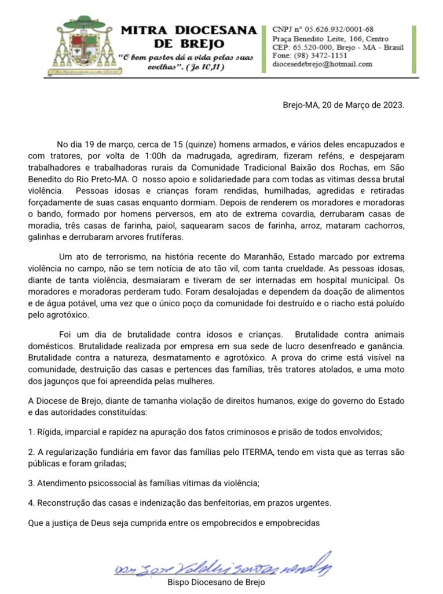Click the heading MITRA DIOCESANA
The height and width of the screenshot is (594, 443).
point(189,30)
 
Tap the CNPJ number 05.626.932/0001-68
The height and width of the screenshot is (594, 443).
point(338,29)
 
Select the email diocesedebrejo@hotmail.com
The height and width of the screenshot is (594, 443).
point(322,64)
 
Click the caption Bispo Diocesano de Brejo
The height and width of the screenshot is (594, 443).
point(216,582)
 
